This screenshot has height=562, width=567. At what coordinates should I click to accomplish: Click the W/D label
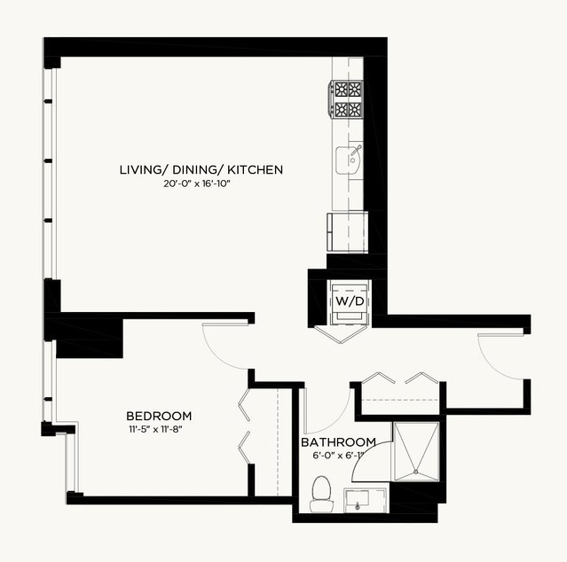(x=350, y=301)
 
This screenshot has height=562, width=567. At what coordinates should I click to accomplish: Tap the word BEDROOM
(x=159, y=416)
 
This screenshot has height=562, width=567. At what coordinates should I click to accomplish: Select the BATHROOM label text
(x=338, y=442)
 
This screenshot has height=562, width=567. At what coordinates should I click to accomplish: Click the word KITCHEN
(x=256, y=169)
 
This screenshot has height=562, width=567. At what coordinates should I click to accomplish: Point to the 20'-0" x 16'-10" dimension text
(x=197, y=183)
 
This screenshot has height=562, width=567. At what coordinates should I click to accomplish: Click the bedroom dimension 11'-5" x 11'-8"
(x=155, y=430)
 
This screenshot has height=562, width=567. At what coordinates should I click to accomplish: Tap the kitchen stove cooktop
(x=346, y=99)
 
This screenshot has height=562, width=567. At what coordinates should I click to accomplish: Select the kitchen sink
(x=349, y=160)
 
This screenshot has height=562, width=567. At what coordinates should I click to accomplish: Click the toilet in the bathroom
(x=321, y=494)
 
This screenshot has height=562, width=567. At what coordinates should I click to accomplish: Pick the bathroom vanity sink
(x=366, y=500)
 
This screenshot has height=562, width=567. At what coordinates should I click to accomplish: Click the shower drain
(x=416, y=472)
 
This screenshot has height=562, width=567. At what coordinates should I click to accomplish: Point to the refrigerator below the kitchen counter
(x=348, y=231)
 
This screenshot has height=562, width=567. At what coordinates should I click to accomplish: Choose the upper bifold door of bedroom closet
(x=244, y=404)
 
